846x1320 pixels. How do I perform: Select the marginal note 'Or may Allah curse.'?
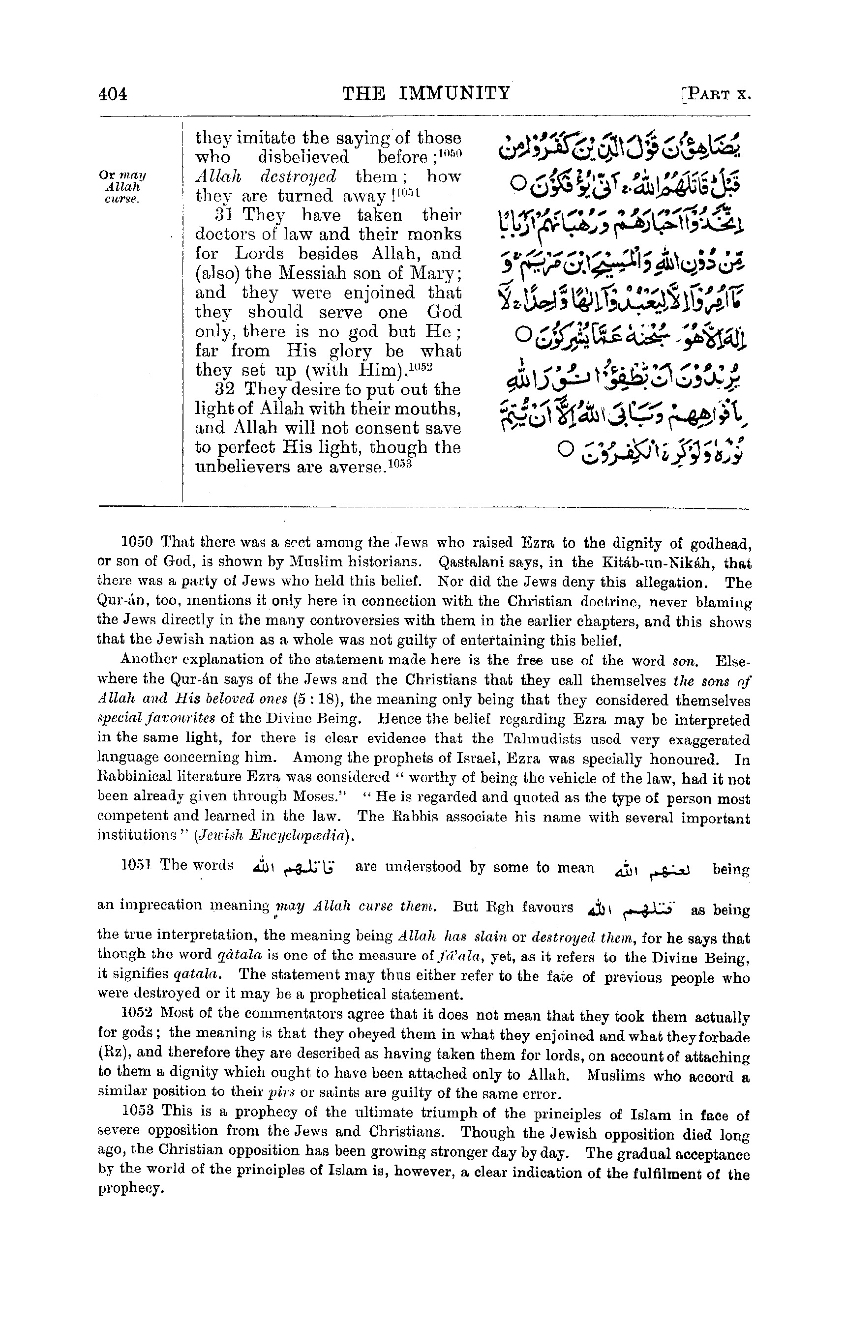121,187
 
